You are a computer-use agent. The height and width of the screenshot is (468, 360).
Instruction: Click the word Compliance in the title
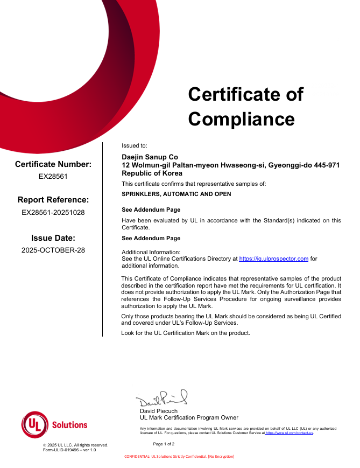(241, 118)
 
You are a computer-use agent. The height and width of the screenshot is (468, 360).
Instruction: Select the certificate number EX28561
(53, 176)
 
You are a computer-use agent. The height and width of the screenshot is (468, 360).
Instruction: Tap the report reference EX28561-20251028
(53, 212)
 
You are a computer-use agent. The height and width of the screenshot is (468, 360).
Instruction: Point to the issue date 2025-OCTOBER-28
(53, 250)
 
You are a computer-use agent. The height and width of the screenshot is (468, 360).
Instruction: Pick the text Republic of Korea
(152, 173)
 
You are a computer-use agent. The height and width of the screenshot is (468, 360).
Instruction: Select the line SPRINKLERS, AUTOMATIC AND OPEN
(177, 194)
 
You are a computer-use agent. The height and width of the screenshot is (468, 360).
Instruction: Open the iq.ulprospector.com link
(273, 259)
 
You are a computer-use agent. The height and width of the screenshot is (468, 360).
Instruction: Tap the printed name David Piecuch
(158, 411)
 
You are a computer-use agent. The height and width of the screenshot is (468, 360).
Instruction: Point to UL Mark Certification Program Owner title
(189, 417)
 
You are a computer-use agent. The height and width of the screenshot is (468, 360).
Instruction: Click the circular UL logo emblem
(34, 424)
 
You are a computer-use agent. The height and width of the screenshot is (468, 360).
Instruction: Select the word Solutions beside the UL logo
(69, 425)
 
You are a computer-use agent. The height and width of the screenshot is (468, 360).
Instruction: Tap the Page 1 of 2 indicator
(164, 444)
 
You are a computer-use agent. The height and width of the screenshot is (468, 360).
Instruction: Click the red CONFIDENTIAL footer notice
(179, 457)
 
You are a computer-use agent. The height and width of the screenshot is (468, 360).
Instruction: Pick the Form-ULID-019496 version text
(69, 450)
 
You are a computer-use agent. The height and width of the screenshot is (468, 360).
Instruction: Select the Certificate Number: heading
(53, 164)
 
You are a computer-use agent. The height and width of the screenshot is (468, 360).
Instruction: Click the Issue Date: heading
(53, 238)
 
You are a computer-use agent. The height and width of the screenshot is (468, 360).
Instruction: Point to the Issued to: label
(134, 146)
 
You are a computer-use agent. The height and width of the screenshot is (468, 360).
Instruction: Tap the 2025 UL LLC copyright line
(75, 445)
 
